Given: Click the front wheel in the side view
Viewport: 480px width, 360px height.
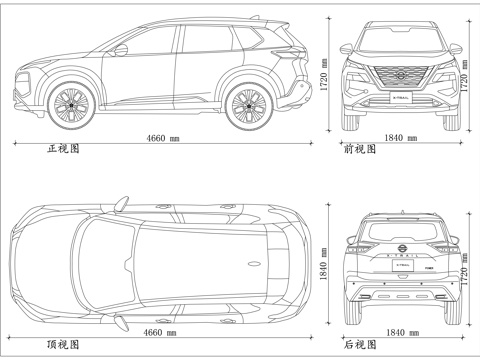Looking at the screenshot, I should pyautogui.click(x=71, y=105).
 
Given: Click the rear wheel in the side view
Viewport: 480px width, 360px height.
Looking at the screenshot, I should pyautogui.click(x=247, y=105).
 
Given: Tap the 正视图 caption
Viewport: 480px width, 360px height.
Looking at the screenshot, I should pyautogui.click(x=62, y=149).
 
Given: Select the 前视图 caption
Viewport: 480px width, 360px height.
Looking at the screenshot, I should pyautogui.click(x=360, y=149).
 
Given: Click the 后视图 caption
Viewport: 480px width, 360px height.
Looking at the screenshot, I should pyautogui.click(x=360, y=344).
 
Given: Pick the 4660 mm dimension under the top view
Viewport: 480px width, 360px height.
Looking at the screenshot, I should pyautogui.click(x=160, y=332).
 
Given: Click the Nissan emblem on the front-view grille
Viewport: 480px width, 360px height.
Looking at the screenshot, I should pyautogui.click(x=400, y=75).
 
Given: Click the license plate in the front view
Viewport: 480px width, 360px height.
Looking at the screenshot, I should pyautogui.click(x=401, y=98).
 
